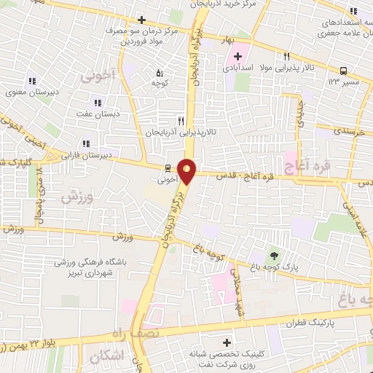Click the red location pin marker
[187, 170]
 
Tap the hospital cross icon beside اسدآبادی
[238, 56]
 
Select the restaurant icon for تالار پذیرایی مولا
[287, 56]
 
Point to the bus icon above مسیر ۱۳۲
[342, 71]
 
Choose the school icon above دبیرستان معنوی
[31, 81]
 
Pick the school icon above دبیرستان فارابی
[86, 144]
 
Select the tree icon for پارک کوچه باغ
[274, 256]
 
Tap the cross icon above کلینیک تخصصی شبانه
[227, 342]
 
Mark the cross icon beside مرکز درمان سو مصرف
[141, 19]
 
